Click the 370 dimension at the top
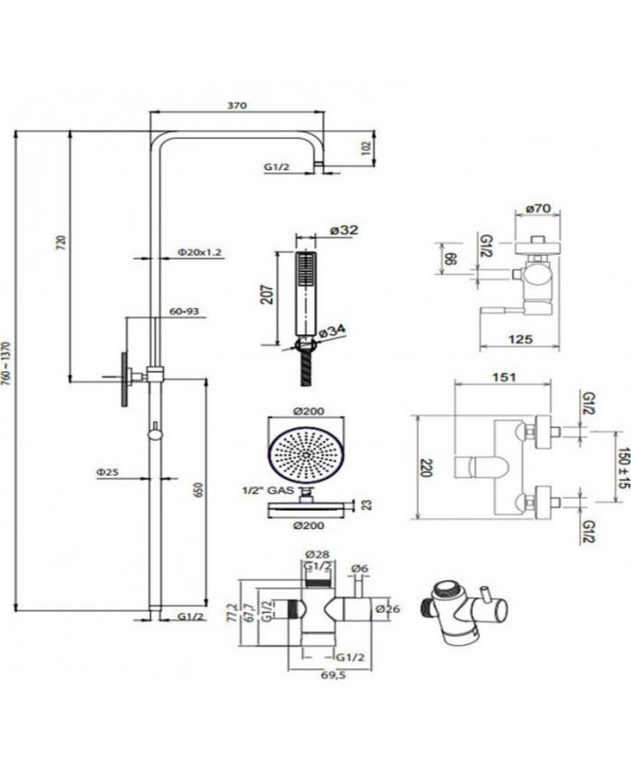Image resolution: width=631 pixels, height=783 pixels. (236, 105)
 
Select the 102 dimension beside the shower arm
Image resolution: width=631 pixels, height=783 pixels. (366, 147)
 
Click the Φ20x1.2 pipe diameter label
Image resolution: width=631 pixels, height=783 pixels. (200, 252)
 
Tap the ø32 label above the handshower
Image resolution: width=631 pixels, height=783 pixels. (344, 231)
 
